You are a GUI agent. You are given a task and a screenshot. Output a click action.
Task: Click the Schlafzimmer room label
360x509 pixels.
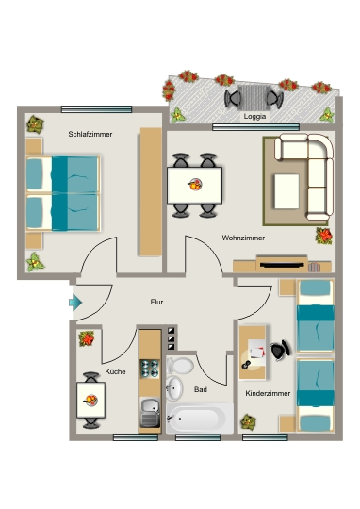pos(90,134)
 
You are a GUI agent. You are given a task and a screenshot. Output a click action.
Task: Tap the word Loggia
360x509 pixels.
pos(254,117)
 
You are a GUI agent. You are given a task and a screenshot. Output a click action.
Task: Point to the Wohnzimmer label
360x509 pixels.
pos(243,238)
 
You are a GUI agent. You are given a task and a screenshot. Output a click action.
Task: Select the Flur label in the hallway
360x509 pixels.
pos(156,302)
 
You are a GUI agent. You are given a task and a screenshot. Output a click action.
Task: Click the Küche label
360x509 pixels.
pos(115,371)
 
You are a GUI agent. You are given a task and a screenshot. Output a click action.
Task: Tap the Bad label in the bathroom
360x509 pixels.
pos(201,389)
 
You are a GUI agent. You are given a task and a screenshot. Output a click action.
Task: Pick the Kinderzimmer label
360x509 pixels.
pos(268,393)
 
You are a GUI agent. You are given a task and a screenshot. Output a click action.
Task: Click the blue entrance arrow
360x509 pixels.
pos(75,303)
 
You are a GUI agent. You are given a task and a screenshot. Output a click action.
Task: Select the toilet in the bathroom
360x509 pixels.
pos(179,366)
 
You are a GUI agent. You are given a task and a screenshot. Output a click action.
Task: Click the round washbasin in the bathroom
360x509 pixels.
pos(174,388)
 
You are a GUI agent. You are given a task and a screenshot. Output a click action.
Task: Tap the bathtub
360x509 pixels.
pos(199,419)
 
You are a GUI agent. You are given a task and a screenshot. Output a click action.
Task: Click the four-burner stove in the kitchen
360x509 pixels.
pos(150,369)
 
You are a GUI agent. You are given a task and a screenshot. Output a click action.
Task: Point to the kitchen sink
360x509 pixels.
pos(150,413)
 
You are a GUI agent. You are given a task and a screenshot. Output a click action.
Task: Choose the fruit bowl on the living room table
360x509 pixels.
pos(195,185)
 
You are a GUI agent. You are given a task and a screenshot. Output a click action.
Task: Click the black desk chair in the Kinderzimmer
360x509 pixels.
pos(280,350)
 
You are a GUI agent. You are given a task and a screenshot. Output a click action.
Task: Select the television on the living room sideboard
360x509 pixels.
pos(282,266)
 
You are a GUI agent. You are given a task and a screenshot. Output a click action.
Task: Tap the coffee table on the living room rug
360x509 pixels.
pos(286,191)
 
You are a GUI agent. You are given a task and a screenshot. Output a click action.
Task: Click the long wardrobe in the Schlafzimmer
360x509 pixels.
pos(151,192)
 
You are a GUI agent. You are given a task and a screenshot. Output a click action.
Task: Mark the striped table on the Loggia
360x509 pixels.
pos(254,97)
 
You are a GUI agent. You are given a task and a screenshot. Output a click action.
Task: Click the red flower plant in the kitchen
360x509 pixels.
pos(87,338)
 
